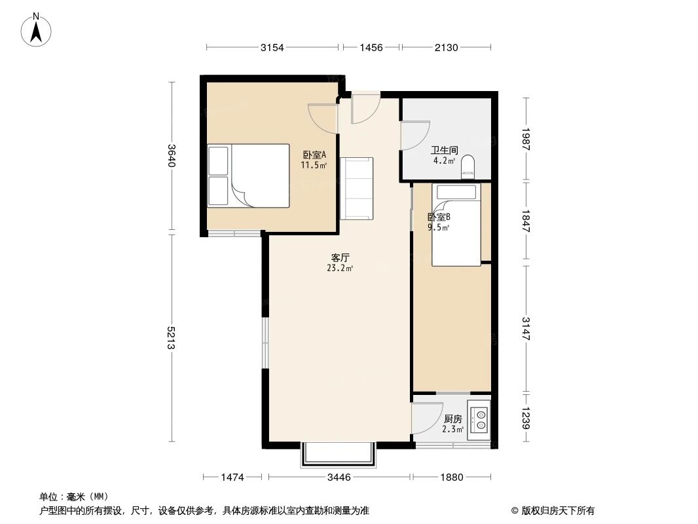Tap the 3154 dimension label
coord(272,47)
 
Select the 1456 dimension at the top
coord(370,47)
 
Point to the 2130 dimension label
coord(446,47)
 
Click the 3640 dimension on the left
coord(172,156)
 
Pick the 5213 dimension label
coord(172,337)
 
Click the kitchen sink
coord(481,419)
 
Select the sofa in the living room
coord(358,188)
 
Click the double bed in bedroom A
coord(249,176)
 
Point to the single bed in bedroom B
coord(456,226)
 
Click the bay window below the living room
coord(339,454)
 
